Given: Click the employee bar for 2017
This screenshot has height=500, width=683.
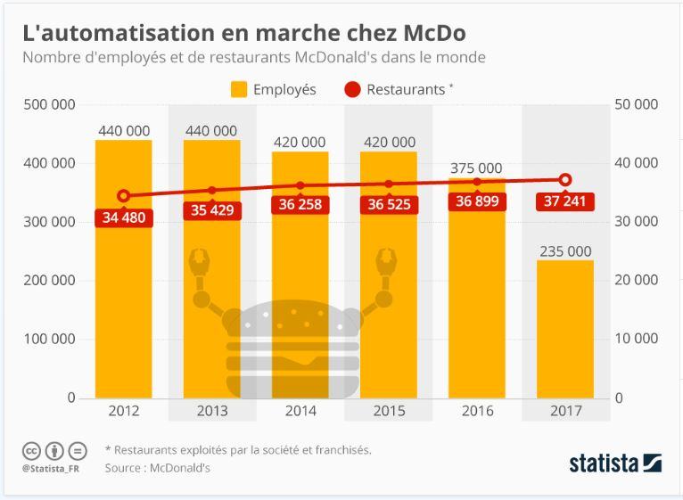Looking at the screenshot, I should [564, 329].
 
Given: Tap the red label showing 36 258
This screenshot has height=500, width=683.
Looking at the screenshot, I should [300, 205].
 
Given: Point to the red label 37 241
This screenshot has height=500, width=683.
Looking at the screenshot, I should [564, 202].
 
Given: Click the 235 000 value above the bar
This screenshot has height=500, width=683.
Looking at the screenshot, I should [564, 250].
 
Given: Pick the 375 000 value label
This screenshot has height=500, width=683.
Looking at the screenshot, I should [476, 168].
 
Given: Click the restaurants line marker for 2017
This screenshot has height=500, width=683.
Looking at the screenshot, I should [564, 179].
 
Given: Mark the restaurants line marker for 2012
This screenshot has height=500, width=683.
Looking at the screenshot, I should [124, 196].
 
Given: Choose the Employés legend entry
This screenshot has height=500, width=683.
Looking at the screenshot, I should [274, 89].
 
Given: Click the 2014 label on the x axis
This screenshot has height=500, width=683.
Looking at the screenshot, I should [300, 411].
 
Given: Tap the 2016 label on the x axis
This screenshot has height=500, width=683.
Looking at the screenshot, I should [476, 411].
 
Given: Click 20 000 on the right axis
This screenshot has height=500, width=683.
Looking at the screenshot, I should [637, 280].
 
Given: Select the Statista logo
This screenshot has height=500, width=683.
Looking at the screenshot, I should [615, 462].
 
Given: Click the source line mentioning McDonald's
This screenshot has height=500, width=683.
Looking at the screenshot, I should [157, 466].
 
